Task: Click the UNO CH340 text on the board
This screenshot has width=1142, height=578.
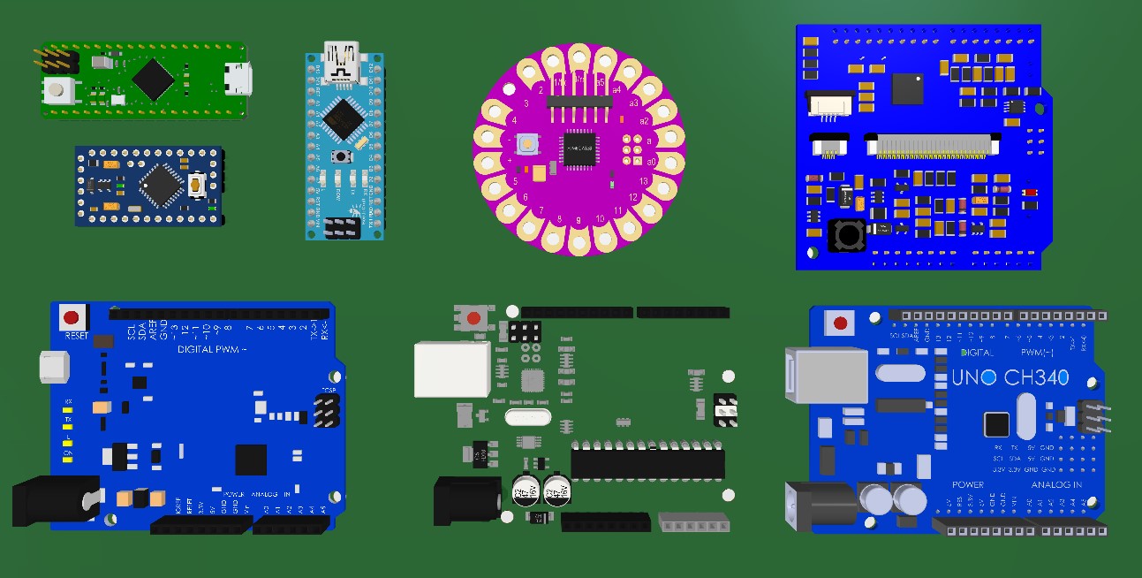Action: click(x=1010, y=378)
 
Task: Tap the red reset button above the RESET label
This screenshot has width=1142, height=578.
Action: click(x=72, y=316)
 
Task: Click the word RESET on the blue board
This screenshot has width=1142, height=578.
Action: click(x=76, y=336)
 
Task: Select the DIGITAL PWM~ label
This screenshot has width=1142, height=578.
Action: click(x=212, y=349)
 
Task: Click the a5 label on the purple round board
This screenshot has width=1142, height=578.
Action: click(x=601, y=81)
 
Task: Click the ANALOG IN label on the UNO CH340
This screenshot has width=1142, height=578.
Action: click(x=1056, y=485)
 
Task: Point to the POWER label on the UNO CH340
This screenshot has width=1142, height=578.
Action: click(x=968, y=485)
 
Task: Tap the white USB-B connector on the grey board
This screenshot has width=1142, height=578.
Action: click(x=451, y=369)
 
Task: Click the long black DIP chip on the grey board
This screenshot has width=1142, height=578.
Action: click(x=647, y=462)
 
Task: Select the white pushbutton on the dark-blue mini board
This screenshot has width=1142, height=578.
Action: click(x=197, y=185)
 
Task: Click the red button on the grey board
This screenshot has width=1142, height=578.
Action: click(x=474, y=318)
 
